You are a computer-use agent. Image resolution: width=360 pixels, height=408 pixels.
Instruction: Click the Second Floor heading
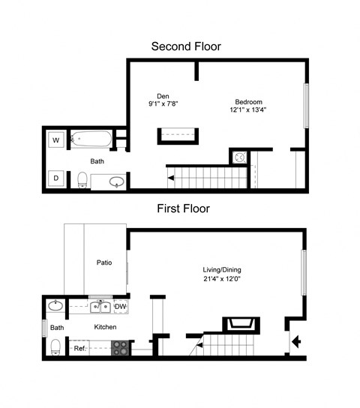pyautogui.click(x=186, y=46)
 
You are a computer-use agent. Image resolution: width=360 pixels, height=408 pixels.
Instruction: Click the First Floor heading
pyautogui.click(x=184, y=208)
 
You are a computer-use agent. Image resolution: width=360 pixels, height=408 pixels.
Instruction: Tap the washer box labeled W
pyautogui.click(x=56, y=140)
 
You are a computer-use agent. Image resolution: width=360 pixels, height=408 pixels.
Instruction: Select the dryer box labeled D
pyautogui.click(x=56, y=178)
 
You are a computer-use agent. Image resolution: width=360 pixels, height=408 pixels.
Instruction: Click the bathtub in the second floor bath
pyautogui.click(x=91, y=139)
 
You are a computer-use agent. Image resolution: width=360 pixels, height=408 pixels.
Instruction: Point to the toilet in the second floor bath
pyautogui.click(x=82, y=180)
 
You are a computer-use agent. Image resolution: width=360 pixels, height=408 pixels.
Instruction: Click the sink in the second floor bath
pyautogui.click(x=117, y=181)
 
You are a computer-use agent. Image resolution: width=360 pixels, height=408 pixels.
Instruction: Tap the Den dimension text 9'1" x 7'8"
pyautogui.click(x=163, y=103)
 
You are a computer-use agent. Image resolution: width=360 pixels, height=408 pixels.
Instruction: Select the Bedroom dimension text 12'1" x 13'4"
pyautogui.click(x=248, y=109)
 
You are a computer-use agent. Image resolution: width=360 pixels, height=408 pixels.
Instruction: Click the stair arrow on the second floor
pyautogui.click(x=171, y=178)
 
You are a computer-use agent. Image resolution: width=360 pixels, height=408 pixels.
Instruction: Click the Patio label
pyautogui.click(x=104, y=262)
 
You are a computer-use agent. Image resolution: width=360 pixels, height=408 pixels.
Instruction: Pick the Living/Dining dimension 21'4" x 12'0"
pyautogui.click(x=222, y=279)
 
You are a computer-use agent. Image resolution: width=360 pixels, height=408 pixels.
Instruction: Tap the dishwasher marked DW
pyautogui.click(x=121, y=307)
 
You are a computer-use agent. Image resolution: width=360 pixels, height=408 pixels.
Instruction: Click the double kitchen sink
pyautogui.click(x=100, y=307)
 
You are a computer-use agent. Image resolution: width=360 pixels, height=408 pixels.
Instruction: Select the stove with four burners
pyautogui.click(x=120, y=348)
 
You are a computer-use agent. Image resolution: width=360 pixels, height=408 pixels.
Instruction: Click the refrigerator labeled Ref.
pyautogui.click(x=79, y=348)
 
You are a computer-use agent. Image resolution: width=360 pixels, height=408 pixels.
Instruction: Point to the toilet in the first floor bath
pyautogui.click(x=55, y=347)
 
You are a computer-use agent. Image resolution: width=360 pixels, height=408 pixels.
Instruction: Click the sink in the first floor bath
pyautogui.click(x=55, y=306)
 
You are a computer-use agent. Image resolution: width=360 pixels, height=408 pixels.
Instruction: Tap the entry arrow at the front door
pyautogui.click(x=296, y=341)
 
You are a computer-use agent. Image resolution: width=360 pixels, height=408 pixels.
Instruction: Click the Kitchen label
pyautogui.click(x=105, y=327)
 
